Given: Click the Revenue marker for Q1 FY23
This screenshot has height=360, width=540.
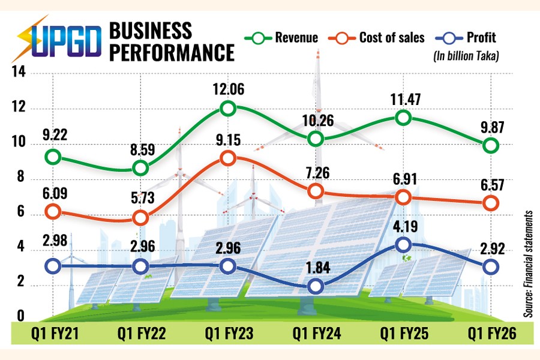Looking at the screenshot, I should coord(227,109).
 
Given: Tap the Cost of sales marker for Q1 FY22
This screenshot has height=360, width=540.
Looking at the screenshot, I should coord(140,218).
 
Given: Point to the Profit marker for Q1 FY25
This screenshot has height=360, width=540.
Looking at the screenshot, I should coord(403,244).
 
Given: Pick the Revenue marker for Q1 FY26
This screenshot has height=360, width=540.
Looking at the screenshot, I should coord(491,145).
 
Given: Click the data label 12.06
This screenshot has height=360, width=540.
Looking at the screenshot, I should coord(227,88).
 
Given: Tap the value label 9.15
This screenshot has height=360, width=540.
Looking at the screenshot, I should coord(227,137).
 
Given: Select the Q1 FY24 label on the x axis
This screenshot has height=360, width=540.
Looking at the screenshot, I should coord(315,332).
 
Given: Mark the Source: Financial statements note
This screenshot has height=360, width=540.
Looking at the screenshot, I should coord(528,264).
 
